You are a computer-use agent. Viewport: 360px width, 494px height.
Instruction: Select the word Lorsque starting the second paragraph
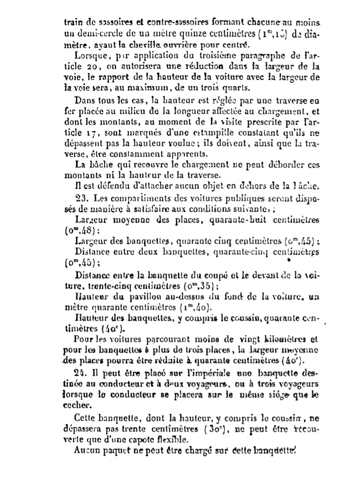click(90, 57)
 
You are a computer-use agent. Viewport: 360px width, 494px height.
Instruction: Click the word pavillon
click(132, 296)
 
